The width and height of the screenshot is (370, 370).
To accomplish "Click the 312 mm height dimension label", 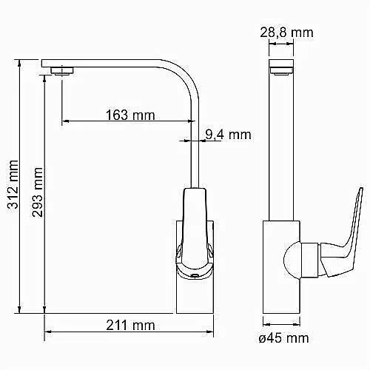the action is pos(13,184).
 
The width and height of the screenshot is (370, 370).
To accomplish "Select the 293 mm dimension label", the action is pos(37,192).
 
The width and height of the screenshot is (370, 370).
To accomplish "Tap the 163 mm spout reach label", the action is pos(130,115).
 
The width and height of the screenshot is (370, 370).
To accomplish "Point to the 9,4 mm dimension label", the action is pos(228,135).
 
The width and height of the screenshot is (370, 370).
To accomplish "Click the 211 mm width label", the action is pos(130,325).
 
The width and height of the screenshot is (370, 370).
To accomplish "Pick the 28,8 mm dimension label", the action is pos(286,33).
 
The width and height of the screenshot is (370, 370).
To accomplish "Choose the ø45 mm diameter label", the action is pos(283,338).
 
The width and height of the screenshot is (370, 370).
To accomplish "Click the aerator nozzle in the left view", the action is pos(62,71).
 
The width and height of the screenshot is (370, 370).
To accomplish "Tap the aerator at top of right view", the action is pos(281,71).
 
